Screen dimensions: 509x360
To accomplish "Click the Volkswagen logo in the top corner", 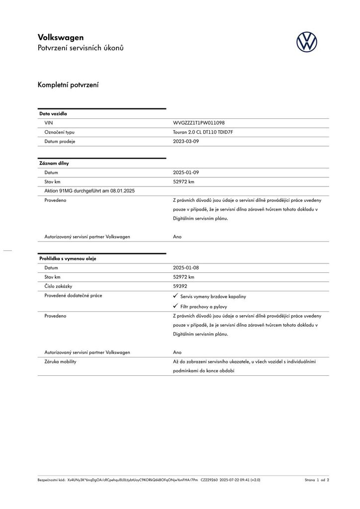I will click(306, 42).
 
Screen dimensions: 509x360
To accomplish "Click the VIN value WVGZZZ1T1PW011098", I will click(199, 123).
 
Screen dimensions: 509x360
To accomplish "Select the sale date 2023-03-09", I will click(186, 142).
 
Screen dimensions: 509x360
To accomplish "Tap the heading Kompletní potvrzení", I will click(68, 85).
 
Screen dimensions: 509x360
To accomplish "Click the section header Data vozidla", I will click(53, 114).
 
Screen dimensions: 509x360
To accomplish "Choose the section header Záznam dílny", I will click(54, 163).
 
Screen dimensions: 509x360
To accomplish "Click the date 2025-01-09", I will click(186, 172).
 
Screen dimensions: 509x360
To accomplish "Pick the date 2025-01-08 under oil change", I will click(186, 268).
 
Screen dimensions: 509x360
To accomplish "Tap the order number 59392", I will click(180, 286).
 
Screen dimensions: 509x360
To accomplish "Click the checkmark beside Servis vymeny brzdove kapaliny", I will click(175, 296).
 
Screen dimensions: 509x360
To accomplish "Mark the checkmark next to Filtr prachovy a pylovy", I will click(175, 306).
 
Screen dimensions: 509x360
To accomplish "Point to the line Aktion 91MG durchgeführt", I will click(90, 191).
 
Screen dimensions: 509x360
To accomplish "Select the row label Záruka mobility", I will click(60, 362).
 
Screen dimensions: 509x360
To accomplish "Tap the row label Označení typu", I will click(60, 132).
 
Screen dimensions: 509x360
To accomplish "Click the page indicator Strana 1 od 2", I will click(317, 480).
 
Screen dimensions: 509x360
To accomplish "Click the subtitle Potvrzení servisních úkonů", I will click(81, 48).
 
